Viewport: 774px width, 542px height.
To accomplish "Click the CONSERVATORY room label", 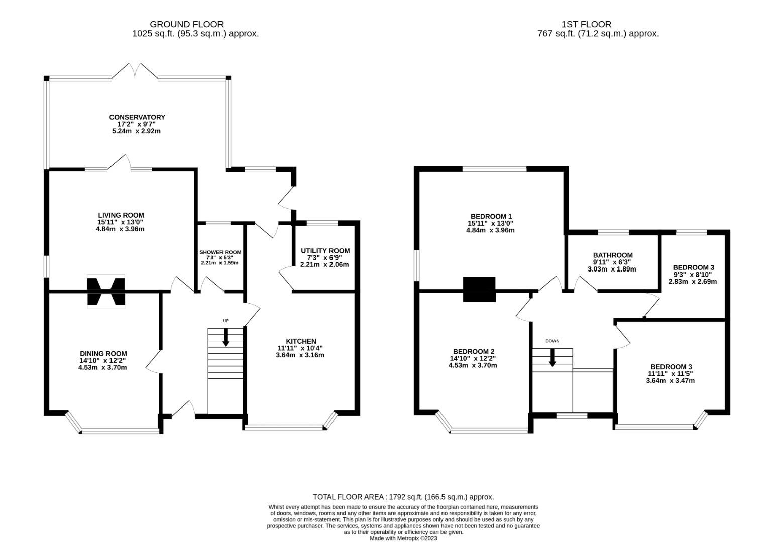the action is point(137,117).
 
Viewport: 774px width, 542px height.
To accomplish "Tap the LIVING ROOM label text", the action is point(121,215).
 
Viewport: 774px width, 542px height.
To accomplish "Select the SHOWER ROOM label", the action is point(220,252).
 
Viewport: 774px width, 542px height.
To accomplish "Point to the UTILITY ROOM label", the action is point(325,251).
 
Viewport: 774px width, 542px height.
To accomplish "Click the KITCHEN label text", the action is point(301,341).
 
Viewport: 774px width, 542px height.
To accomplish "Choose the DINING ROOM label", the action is point(103,353).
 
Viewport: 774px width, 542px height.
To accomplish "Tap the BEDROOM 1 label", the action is point(491,216).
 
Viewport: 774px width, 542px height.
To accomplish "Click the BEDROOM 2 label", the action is point(474,351).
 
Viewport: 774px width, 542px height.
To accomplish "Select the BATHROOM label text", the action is point(613,255).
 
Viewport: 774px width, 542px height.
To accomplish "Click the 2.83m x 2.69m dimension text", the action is point(693,282).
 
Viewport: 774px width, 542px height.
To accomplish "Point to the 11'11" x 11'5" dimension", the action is point(671,373).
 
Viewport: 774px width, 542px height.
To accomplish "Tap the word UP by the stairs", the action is point(226,321).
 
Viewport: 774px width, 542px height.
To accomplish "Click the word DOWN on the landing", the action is point(552,341).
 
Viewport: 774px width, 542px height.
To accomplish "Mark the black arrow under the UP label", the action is point(226,337).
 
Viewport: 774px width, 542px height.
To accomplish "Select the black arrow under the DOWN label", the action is point(552,358).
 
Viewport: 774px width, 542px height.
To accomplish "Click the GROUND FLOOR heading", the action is point(186,24).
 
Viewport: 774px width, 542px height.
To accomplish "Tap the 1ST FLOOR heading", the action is point(586,24).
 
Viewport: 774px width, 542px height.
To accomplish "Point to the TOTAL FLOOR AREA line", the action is point(403,497).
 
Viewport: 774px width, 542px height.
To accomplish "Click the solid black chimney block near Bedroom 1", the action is point(479,289).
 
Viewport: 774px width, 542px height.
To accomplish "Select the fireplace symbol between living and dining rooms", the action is point(106,291).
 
